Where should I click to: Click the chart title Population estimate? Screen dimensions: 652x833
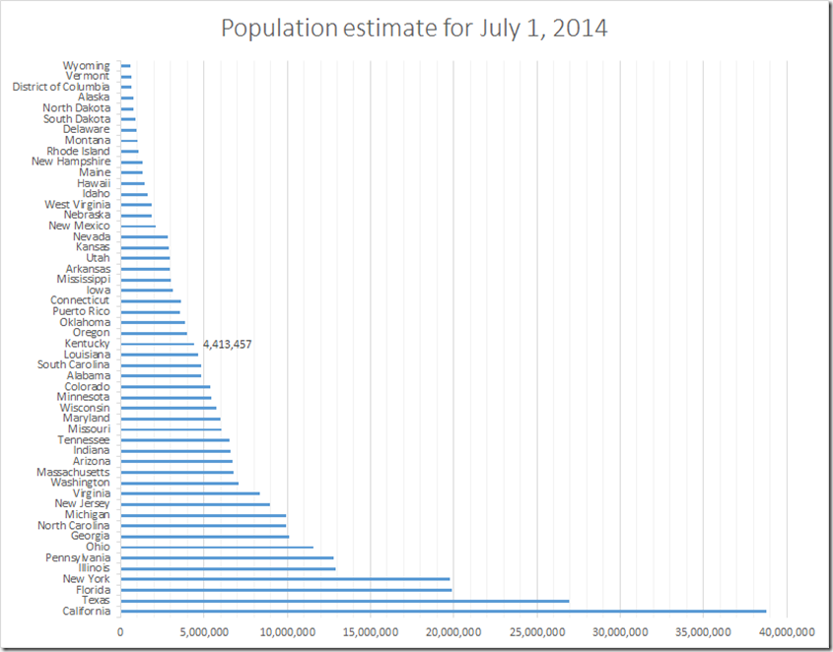(x=414, y=29)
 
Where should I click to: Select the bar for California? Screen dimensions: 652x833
(x=444, y=612)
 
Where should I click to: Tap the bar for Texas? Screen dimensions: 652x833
(x=345, y=601)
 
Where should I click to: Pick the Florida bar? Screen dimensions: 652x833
(x=286, y=590)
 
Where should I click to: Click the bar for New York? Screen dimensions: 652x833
(x=285, y=579)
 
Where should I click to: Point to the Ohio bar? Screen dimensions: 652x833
(x=217, y=548)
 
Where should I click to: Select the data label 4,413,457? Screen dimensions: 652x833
(x=228, y=344)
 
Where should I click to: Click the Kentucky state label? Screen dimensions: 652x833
(x=87, y=344)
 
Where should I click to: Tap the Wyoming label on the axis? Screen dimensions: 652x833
(x=87, y=66)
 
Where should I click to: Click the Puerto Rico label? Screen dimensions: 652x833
(x=82, y=311)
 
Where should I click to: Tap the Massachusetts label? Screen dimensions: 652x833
(x=73, y=472)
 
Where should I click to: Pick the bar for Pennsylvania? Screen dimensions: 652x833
(x=227, y=558)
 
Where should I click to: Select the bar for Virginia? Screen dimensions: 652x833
(x=190, y=493)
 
